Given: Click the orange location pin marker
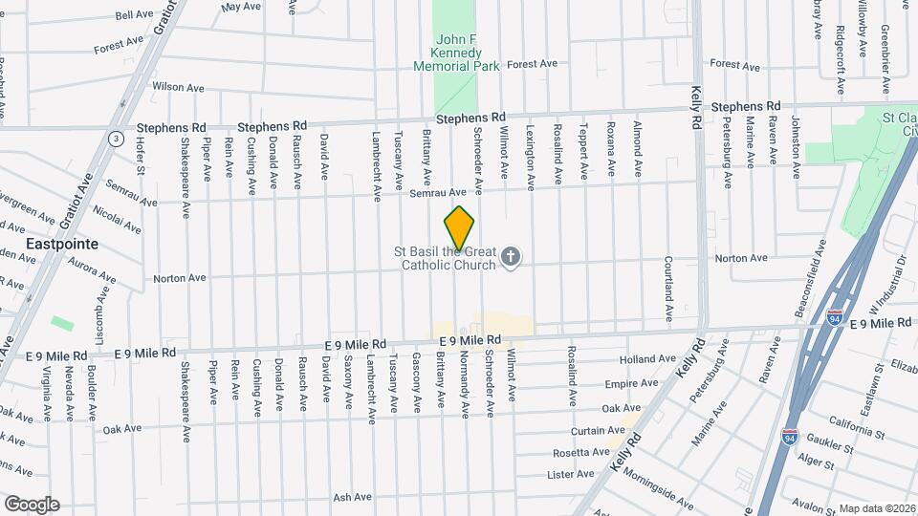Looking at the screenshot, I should [459, 227].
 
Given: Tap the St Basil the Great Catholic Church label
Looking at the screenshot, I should [446, 258].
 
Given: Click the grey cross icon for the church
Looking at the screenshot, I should [512, 256].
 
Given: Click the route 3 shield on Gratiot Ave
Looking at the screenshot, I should [116, 138].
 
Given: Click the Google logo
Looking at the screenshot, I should [31, 504].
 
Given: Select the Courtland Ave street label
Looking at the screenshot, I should [669, 289].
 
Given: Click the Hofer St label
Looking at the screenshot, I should [140, 158].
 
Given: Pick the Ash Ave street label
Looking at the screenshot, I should [352, 497].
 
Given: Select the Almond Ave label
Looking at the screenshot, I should [635, 140].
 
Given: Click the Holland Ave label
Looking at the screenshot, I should [641, 359].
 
